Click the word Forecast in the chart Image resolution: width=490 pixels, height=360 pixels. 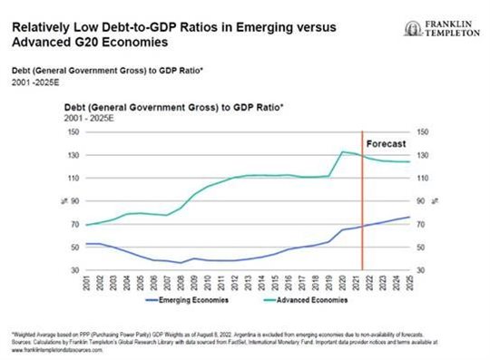click(384, 144)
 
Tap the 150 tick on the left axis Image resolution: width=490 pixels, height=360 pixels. click(75, 131)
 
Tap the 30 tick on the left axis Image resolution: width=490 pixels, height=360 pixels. click(76, 270)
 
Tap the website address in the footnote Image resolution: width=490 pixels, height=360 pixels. click(56, 348)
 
